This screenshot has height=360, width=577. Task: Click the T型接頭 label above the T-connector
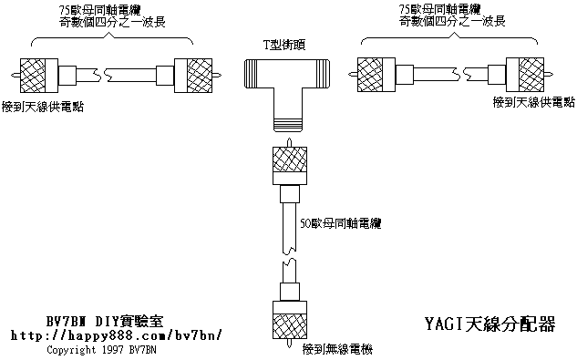[283, 45]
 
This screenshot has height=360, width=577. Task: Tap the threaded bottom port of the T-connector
[288, 125]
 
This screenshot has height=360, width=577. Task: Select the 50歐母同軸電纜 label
[340, 223]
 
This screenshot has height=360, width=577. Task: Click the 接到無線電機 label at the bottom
[337, 349]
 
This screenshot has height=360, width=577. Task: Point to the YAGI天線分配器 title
[489, 324]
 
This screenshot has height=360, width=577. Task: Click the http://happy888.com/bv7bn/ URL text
[117, 335]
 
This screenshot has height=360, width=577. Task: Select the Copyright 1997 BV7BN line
[101, 350]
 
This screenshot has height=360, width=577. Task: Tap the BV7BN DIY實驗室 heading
[104, 321]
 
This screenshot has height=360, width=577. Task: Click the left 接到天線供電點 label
[43, 107]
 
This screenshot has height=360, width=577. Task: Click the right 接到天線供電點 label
[533, 102]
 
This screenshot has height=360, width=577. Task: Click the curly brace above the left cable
[112, 38]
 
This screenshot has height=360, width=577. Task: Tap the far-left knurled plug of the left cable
[38, 75]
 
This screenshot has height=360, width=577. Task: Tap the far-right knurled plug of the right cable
[525, 75]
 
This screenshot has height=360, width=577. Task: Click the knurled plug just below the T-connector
[290, 165]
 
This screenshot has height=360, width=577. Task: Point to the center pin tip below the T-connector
[290, 139]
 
